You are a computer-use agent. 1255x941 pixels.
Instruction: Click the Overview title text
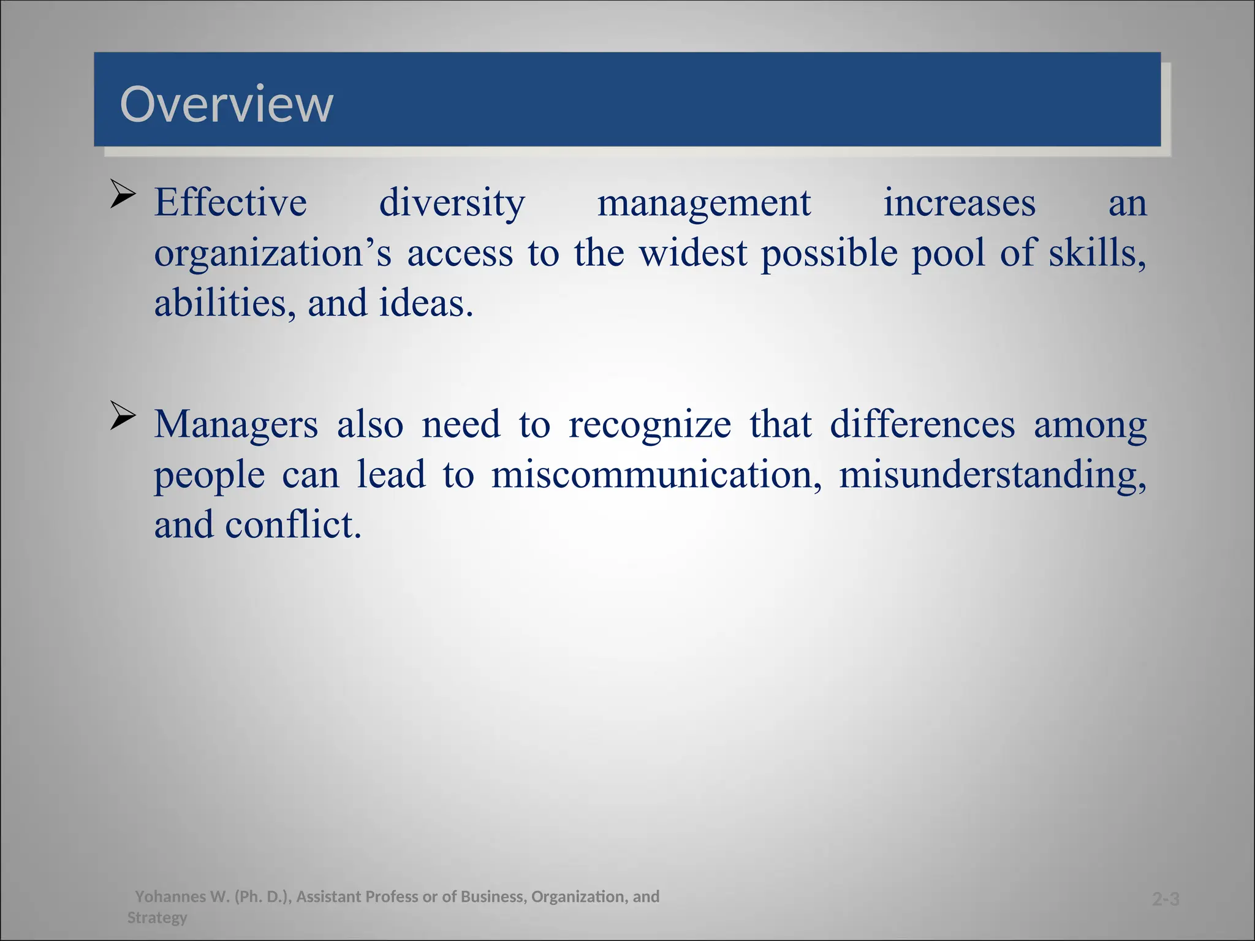tap(227, 104)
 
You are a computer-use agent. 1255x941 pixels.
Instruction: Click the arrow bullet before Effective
tap(123, 195)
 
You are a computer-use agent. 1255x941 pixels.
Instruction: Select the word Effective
tap(230, 203)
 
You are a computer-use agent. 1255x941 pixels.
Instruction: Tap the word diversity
tap(452, 204)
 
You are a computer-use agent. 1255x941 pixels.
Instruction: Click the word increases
tap(959, 203)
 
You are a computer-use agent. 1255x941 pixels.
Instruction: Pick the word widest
tap(693, 253)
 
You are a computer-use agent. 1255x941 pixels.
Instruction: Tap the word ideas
tap(425, 303)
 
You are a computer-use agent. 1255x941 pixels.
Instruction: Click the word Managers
tap(236, 425)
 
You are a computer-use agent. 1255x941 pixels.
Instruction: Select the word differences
tap(922, 424)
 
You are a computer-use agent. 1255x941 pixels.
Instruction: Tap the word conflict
tap(293, 525)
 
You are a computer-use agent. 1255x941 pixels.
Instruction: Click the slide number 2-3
tap(1166, 899)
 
